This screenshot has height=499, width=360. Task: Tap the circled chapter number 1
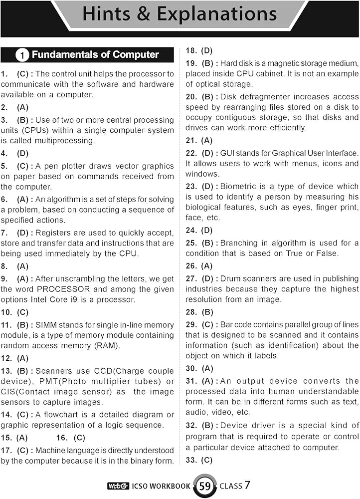click(x=21, y=55)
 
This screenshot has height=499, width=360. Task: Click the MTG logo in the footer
click(x=116, y=486)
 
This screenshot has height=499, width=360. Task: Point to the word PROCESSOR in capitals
click(x=63, y=289)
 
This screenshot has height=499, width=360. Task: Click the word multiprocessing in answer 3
click(x=66, y=141)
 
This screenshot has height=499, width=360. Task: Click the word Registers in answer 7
click(x=53, y=233)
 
